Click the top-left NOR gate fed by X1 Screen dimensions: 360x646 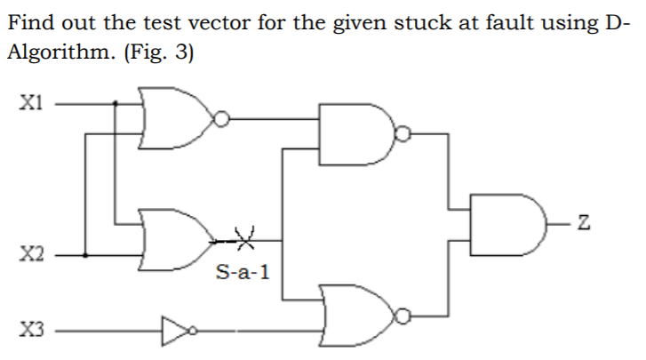tap(174, 117)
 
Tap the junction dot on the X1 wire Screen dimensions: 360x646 tap(116, 102)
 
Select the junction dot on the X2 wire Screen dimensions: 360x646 tap(85, 255)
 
